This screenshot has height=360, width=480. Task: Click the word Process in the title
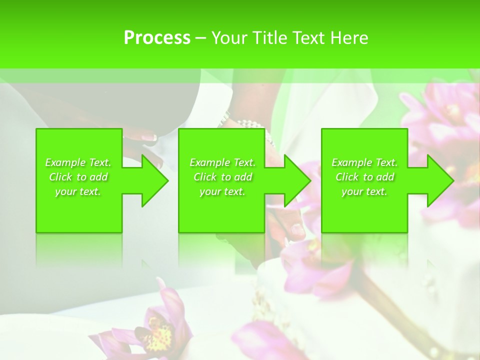(x=157, y=38)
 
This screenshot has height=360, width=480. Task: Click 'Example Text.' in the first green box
(x=78, y=162)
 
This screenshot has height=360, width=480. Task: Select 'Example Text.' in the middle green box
(x=222, y=162)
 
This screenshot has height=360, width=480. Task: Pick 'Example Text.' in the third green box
(x=364, y=162)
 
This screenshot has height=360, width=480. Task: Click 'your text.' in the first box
(x=78, y=191)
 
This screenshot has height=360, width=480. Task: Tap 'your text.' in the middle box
(x=222, y=191)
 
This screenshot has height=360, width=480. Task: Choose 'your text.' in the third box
(x=364, y=191)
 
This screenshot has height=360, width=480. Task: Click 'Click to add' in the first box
(x=78, y=177)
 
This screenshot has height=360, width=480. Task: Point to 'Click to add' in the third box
(x=364, y=177)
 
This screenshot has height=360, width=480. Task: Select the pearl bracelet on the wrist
(x=250, y=123)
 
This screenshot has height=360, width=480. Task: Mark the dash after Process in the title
(x=200, y=38)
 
